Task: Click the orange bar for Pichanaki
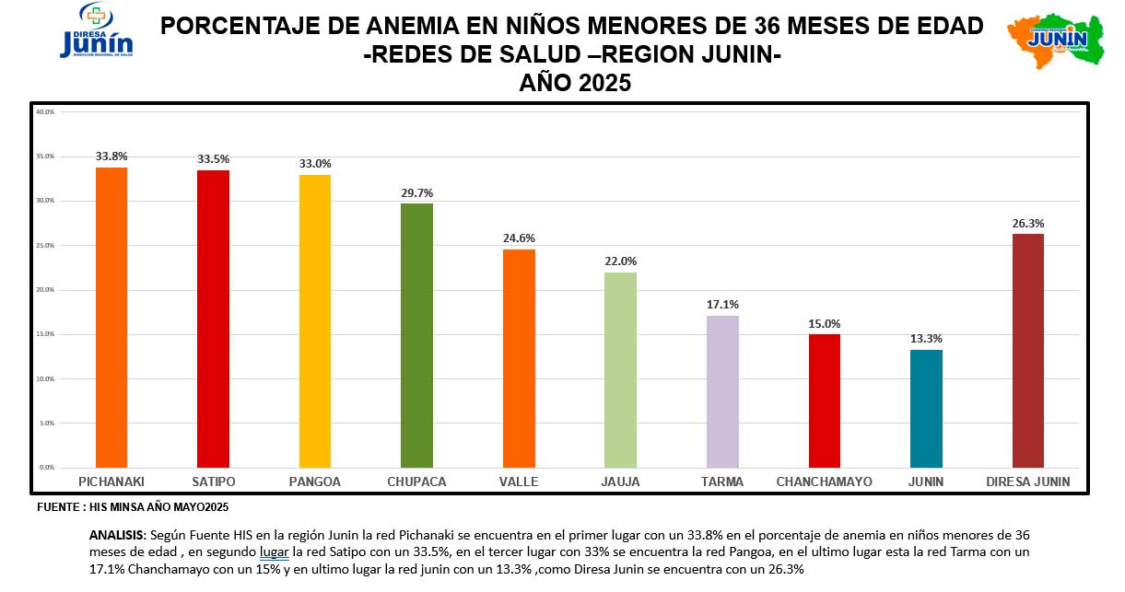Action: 111,318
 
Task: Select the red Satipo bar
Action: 214,319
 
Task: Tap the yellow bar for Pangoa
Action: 315,321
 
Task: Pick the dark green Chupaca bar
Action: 416,336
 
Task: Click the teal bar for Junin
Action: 926,409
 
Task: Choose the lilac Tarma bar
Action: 722,391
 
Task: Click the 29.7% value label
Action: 416,193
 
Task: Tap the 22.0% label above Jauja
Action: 620,261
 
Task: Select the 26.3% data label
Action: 1028,223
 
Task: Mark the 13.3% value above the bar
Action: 926,339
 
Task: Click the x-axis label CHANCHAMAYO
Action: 824,482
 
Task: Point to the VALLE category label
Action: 519,482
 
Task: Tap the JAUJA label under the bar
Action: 620,482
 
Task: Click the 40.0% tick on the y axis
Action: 45,111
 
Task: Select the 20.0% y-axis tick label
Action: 45,290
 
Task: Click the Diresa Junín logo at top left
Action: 96,32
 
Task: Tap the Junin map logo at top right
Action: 1055,40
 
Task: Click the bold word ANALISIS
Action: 117,535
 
